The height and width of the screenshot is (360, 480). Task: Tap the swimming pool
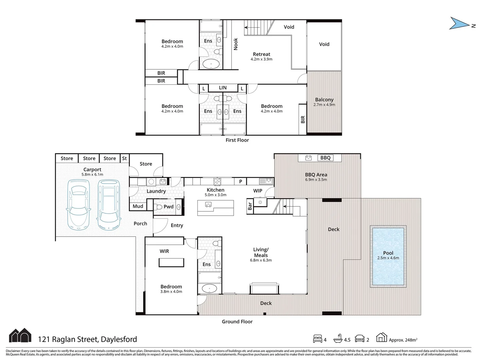pos(388,256)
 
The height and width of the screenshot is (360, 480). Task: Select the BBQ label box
pos(325,158)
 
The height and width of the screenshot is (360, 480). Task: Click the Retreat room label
pos(261,54)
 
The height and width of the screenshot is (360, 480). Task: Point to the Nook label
pos(236,44)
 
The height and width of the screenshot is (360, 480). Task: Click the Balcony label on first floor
pos(324,100)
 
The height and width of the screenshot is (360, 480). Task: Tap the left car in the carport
pos(79,205)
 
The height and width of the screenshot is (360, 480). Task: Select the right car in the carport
pos(108,205)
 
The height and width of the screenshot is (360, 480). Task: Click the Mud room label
pos(138,206)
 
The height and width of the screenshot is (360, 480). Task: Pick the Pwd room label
pos(168,207)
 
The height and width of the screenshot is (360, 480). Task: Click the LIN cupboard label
pos(223,88)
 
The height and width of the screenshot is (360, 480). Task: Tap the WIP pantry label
pos(258,191)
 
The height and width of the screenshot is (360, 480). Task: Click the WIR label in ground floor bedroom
pos(164,251)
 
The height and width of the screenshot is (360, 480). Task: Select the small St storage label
pos(124,159)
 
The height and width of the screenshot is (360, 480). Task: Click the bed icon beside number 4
pos(318,339)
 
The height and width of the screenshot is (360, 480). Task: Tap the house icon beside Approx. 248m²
pos(381,338)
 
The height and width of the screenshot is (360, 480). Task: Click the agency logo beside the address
pos(20,336)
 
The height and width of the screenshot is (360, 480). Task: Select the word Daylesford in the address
pos(119,339)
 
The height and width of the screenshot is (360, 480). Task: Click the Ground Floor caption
pos(237,322)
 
